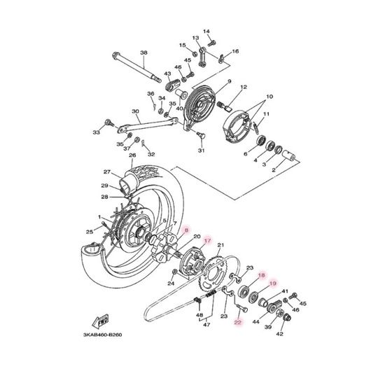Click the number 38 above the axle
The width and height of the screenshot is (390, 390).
(144, 53)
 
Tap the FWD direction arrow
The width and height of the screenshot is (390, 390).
(101, 321)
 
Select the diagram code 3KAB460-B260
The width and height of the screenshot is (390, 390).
(102, 335)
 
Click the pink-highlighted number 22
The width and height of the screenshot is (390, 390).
(238, 322)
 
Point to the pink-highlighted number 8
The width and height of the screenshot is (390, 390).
(186, 230)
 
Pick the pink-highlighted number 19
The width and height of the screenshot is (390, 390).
(273, 284)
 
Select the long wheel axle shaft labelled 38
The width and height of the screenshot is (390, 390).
(137, 67)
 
